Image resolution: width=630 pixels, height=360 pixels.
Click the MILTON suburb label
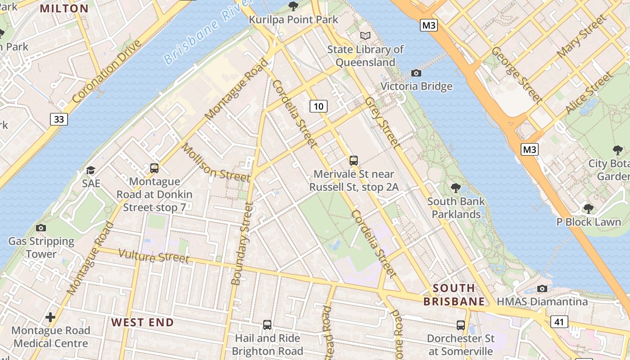click(64, 9)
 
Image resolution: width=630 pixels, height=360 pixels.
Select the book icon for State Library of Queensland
click(365, 36)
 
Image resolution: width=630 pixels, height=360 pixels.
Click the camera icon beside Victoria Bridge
click(416, 73)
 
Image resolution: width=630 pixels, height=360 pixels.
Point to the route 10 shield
click(318, 106)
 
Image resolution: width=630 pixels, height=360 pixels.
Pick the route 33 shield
click(58, 119)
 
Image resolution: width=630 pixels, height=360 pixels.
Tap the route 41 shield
click(559, 321)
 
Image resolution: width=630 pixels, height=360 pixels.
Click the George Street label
click(517, 74)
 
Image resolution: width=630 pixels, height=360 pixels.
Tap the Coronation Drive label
click(107, 71)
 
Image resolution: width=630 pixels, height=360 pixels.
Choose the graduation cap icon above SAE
click(91, 171)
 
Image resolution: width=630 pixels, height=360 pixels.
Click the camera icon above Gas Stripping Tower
click(41, 228)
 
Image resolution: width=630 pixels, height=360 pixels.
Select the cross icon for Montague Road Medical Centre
click(50, 317)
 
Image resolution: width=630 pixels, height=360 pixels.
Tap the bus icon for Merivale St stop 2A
click(354, 160)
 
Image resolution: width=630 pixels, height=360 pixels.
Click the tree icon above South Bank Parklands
click(456, 188)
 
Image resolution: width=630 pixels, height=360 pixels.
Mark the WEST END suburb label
click(142, 322)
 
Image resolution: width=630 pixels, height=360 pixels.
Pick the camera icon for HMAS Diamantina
click(542, 288)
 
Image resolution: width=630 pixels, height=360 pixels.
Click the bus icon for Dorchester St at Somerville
click(460, 325)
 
